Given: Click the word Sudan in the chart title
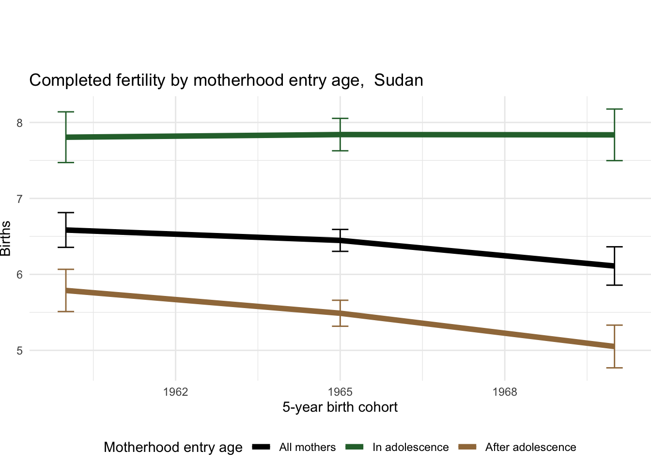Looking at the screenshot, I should click(x=399, y=80).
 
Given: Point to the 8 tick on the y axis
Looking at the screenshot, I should click(x=20, y=123).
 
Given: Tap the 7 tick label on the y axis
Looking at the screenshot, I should click(x=20, y=199).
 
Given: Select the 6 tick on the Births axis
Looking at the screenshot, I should click(x=20, y=275).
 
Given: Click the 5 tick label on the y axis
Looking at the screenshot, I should click(x=20, y=351).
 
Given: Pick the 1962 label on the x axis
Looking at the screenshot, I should click(x=175, y=392).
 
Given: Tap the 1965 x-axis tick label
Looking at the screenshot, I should click(x=340, y=392).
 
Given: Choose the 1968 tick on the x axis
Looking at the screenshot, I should click(x=505, y=392).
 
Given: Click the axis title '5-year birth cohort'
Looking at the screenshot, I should click(x=340, y=407).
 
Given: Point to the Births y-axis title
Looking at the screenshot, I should click(x=6, y=238).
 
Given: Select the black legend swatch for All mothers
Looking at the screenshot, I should click(x=261, y=447).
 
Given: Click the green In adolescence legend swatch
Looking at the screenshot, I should click(x=354, y=447).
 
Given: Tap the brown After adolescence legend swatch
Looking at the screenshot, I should click(x=467, y=447).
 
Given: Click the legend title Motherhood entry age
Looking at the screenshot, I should click(x=173, y=447).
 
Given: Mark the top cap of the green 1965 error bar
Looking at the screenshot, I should click(x=340, y=118).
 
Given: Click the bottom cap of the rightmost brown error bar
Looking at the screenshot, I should click(x=614, y=368).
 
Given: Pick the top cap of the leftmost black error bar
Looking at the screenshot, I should click(x=66, y=213).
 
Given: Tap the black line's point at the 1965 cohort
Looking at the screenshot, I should click(x=340, y=240).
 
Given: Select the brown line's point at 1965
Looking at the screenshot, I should click(x=340, y=313).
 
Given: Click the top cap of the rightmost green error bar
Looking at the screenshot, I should click(x=614, y=109).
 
